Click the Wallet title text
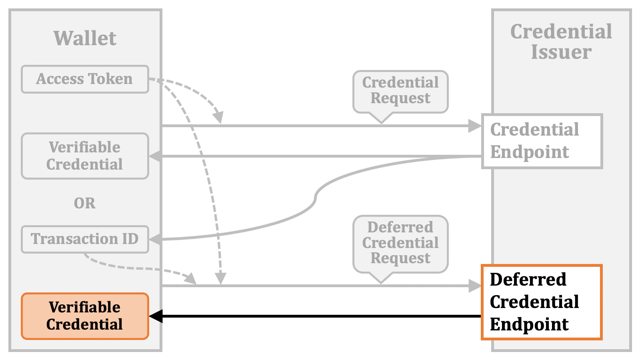click(x=85, y=38)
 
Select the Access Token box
click(x=85, y=79)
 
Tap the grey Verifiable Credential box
click(x=85, y=156)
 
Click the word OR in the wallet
click(x=84, y=203)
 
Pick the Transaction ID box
click(x=85, y=239)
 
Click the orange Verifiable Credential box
click(x=85, y=316)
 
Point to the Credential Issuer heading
click(x=561, y=42)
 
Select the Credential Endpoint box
click(x=542, y=141)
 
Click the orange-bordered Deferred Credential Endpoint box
click(x=542, y=302)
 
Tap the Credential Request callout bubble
click(x=400, y=91)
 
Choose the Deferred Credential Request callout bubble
click(x=400, y=243)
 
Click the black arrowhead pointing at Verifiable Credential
click(x=156, y=316)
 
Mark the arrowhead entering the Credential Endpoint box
click(x=475, y=126)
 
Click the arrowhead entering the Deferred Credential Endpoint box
click(x=475, y=286)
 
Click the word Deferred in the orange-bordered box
click(x=528, y=279)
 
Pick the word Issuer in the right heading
click(x=561, y=52)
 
